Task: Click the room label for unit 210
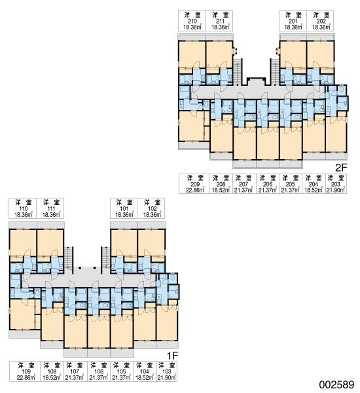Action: [x=192, y=21]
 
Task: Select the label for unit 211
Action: [x=219, y=21]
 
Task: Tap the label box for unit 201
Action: [x=293, y=21]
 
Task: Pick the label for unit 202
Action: [x=320, y=21]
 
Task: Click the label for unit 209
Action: [x=194, y=183]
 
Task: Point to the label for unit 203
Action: [x=336, y=183]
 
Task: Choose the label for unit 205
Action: [x=291, y=183]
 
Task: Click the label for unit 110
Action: [x=23, y=208]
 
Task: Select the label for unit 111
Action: [x=50, y=208]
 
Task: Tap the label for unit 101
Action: [x=124, y=208]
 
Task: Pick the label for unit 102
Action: [x=151, y=208]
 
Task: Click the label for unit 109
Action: [x=25, y=371]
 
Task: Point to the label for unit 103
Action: [x=167, y=371]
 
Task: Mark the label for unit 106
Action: [x=99, y=371]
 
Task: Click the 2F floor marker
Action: [x=341, y=168]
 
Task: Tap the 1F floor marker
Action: [x=172, y=356]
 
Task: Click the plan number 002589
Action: [x=336, y=384]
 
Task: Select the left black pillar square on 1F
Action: [x=80, y=268]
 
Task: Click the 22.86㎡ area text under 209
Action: [x=194, y=190]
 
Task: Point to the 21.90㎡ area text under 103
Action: [x=167, y=378]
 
